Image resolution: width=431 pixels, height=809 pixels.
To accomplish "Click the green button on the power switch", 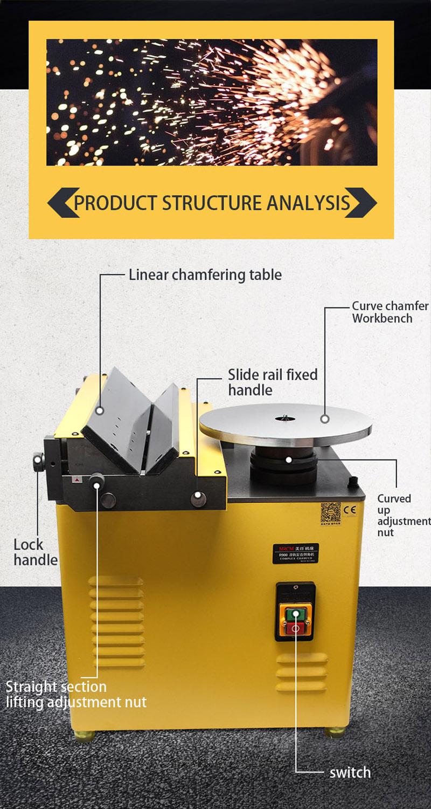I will coord(294,614).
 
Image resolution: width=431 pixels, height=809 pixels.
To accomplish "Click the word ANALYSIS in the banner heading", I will coord(308,203).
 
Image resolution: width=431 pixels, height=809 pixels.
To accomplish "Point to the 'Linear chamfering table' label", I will coord(205,275).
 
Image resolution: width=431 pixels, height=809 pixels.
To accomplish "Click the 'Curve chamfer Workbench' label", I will coord(390,312).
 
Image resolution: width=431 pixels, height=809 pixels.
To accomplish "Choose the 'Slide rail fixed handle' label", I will coord(272,382).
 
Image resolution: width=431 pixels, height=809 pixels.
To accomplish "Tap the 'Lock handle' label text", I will coord(36,552).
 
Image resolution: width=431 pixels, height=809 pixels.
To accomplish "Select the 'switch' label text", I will coord(350,772).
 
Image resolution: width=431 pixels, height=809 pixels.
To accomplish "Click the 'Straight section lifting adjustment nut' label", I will coord(75,695).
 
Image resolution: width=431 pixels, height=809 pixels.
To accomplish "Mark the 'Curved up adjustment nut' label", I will coord(403,516).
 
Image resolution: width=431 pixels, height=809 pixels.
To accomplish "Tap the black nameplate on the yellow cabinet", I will coord(295,553).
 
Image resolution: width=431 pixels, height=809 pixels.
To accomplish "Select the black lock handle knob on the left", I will coord(39,461).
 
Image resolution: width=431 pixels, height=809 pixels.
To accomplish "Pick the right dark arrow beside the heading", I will coord(360,203).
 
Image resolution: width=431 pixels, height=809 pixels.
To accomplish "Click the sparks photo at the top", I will coord(211,102).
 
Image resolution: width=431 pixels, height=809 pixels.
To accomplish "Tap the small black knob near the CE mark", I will coord(353,481).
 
